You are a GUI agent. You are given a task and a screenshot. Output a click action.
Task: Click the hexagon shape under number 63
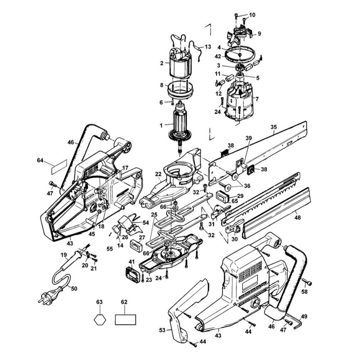[x=100, y=319]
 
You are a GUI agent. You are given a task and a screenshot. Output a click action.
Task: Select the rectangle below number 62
[x=125, y=320]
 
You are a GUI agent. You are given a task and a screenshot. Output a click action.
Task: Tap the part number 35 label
[x=274, y=127]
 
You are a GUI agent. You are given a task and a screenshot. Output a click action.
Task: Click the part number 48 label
[x=297, y=217]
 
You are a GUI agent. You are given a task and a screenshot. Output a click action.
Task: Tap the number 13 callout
[x=208, y=47]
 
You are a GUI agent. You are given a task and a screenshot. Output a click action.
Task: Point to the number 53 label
[x=162, y=330]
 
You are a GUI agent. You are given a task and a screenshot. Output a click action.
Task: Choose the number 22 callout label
[x=158, y=174]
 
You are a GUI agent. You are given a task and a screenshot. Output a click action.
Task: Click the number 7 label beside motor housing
[x=257, y=99]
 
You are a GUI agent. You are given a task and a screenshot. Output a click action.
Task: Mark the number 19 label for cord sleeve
[x=64, y=255]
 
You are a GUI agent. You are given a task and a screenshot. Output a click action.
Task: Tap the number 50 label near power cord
[x=74, y=288]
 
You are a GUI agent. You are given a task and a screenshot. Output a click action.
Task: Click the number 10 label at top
[x=252, y=15]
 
